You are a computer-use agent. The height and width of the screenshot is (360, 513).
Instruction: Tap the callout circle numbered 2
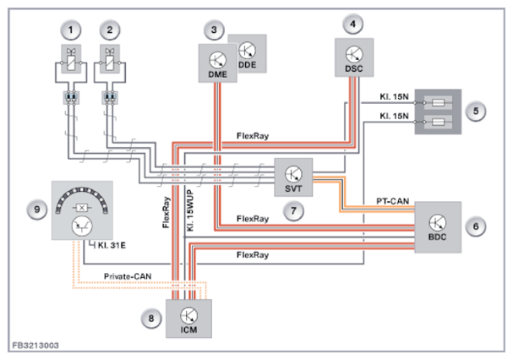(110, 30)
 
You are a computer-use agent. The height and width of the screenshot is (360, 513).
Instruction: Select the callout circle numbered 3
(216, 30)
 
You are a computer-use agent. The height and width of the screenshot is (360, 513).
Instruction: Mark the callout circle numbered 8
(152, 319)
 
